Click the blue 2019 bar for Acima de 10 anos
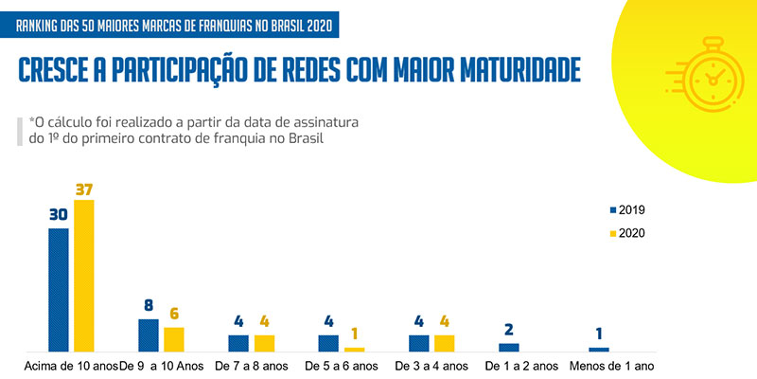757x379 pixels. pyautogui.click(x=59, y=290)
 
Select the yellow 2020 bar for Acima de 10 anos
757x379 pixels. pyautogui.click(x=84, y=276)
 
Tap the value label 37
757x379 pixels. pyautogui.click(x=84, y=188)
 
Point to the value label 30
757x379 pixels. pyautogui.click(x=59, y=215)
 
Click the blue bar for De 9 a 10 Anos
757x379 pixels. pyautogui.click(x=149, y=335)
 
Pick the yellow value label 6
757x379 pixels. pyautogui.click(x=174, y=314)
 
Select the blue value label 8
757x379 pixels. pyautogui.click(x=149, y=306)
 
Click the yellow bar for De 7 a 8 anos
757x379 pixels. pyautogui.click(x=265, y=343)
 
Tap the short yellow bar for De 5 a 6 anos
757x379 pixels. pyautogui.click(x=354, y=350)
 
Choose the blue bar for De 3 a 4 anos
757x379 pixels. pyautogui.click(x=418, y=343)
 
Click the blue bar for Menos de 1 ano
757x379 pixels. pyautogui.click(x=599, y=350)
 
